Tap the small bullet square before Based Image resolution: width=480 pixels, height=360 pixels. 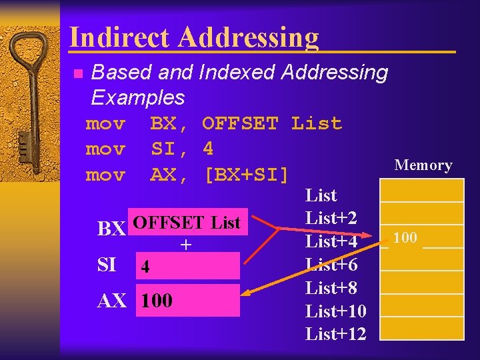pos(77,73)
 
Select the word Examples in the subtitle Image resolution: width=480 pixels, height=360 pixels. pos(137,97)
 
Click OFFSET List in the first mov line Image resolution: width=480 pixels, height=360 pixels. pos(271,123)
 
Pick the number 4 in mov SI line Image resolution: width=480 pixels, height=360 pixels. pos(208,149)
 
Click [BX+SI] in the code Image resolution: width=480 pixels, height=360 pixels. pos(247,175)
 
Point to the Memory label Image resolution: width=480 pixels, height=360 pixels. pos(423,165)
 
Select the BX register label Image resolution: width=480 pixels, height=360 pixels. pos(111,229)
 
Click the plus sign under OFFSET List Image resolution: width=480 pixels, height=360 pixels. pos(186,245)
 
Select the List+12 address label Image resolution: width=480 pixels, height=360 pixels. pos(335,333)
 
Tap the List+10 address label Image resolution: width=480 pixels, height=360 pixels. pos(335,311)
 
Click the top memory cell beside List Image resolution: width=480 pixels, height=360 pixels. pos(421,191)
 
